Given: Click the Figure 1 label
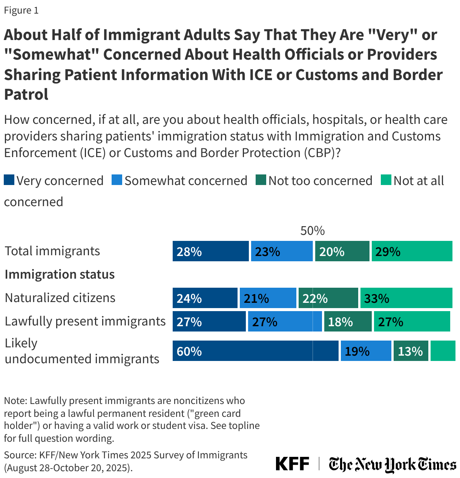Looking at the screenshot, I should coord(21,11).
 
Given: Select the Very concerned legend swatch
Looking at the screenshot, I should coord(9,180).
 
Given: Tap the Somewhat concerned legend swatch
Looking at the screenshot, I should coord(117,180).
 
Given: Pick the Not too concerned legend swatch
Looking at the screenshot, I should coord(261,180).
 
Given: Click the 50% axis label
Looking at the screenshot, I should coord(312,231).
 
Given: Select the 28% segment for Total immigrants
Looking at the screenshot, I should coord(210,251).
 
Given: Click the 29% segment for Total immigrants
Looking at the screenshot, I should coord(412,251).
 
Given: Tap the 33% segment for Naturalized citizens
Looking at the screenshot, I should coord(406,298).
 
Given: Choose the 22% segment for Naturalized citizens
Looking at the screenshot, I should coord(328,298).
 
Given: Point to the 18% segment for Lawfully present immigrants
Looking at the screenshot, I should coord(348,321).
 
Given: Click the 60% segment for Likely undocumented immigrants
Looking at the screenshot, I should coord(255,351).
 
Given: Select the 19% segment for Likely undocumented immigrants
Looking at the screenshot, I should coord(366,351).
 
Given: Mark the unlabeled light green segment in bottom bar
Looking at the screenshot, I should coord(443,351).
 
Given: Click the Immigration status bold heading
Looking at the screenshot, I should coord(60,274).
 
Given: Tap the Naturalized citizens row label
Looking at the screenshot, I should coord(60,298).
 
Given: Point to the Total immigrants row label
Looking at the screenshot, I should coord(52,251).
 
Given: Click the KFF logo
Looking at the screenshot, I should coord(292,464).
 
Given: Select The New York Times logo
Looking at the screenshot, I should coord(392,464).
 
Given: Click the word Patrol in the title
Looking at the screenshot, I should coord(26,94).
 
